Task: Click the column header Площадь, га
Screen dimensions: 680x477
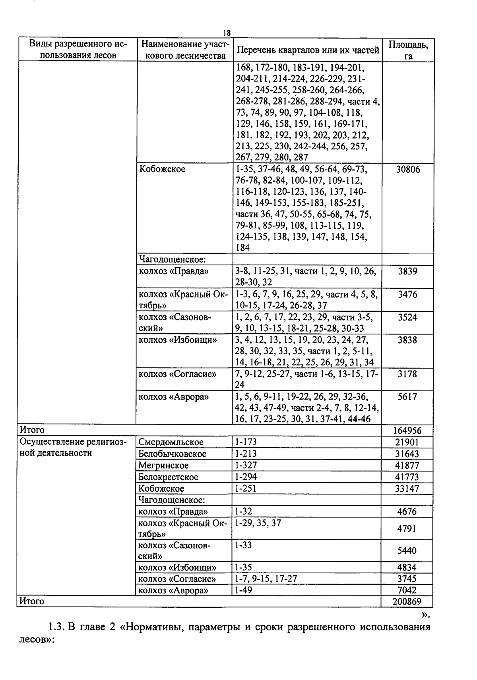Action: (408, 50)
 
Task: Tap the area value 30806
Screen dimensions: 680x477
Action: (408, 170)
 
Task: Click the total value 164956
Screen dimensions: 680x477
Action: (407, 431)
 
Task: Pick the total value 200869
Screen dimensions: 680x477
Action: (407, 601)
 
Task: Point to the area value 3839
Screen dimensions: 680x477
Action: (408, 272)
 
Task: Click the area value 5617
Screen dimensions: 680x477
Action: (408, 397)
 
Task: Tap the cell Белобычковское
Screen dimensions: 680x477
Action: (172, 454)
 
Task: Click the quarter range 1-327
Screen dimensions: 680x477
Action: (246, 465)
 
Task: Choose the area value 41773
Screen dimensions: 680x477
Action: (407, 477)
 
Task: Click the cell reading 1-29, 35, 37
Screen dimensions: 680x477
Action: (258, 523)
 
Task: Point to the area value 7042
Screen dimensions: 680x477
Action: (407, 590)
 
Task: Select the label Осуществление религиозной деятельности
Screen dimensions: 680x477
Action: (73, 448)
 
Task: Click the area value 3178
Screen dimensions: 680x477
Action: (408, 374)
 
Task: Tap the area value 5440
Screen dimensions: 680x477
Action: (407, 551)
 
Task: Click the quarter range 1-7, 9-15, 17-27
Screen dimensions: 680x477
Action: (266, 579)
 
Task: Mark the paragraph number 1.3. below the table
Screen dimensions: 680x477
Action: (56, 628)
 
